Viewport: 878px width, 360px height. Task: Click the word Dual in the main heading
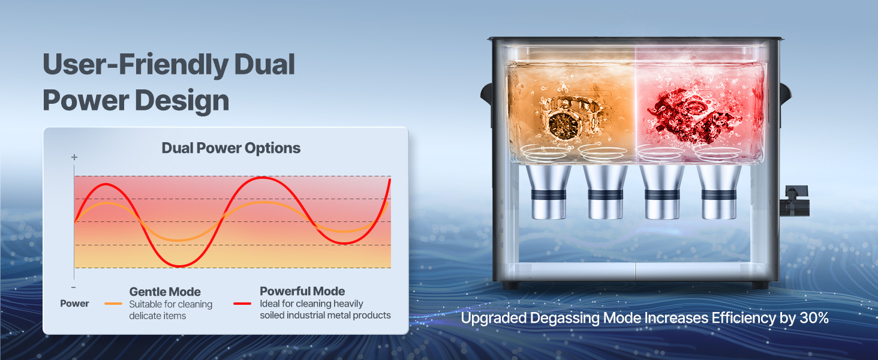point(264,64)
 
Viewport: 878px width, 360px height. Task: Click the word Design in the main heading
point(182,100)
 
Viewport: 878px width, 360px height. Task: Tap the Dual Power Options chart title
point(231,148)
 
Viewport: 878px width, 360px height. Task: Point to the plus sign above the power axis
point(74,157)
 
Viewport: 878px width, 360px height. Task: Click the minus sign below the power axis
point(74,287)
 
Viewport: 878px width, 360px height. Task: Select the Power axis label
point(74,303)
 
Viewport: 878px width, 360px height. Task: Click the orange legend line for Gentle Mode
point(113,304)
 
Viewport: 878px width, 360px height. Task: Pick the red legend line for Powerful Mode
point(242,304)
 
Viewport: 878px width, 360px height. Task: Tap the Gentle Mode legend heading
point(165,292)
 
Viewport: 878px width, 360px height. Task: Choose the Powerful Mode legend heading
point(302,291)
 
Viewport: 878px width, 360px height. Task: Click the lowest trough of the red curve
point(179,266)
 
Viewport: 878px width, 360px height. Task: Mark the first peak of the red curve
point(105,184)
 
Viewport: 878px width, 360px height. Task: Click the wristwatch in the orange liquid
point(570,118)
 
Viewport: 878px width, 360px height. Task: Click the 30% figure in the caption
point(814,317)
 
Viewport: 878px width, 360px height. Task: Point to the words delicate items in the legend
point(158,316)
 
